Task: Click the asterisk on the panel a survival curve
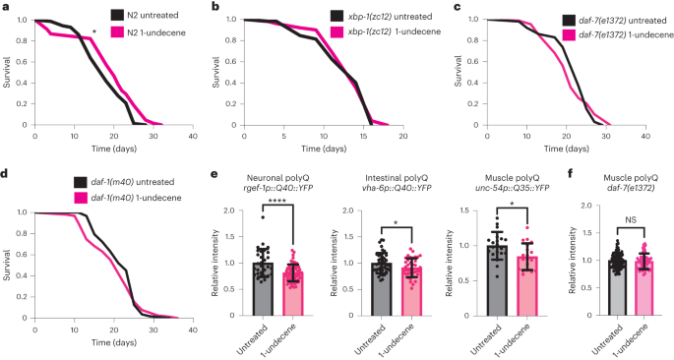click(93, 32)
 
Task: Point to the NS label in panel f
click(618, 221)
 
